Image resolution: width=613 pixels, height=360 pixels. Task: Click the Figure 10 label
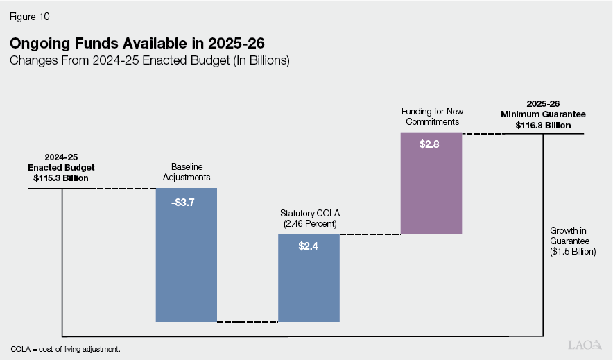tap(30, 15)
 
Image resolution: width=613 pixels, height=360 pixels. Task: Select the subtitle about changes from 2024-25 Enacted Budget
tap(149, 61)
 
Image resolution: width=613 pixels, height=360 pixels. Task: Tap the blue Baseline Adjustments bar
tap(187, 264)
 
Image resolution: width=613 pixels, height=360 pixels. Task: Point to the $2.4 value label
tap(309, 246)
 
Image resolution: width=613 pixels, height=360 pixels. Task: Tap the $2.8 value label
tap(431, 145)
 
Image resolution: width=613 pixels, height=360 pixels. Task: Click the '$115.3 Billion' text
tap(61, 178)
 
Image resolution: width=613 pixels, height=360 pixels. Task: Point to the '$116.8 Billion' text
tap(544, 126)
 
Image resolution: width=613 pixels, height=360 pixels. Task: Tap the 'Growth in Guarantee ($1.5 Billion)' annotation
tap(573, 241)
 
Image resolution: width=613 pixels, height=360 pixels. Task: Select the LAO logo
tap(584, 345)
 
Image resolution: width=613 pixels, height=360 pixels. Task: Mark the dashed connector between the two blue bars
tap(248, 322)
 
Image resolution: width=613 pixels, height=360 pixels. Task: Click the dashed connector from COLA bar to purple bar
tap(370, 234)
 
